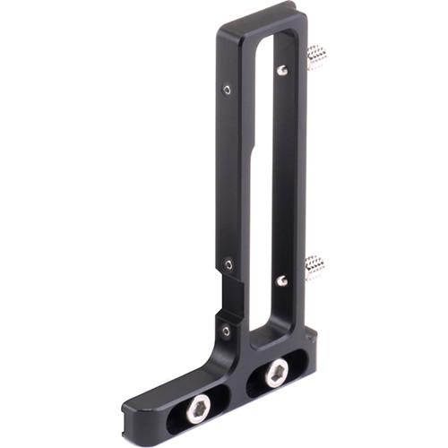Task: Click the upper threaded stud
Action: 315,58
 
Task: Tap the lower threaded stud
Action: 314,266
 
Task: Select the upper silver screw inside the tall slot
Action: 282,70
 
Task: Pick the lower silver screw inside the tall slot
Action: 281,280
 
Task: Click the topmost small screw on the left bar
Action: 227,89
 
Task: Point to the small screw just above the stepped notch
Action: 228,264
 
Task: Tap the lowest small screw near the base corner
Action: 226,331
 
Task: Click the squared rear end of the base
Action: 309,345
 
